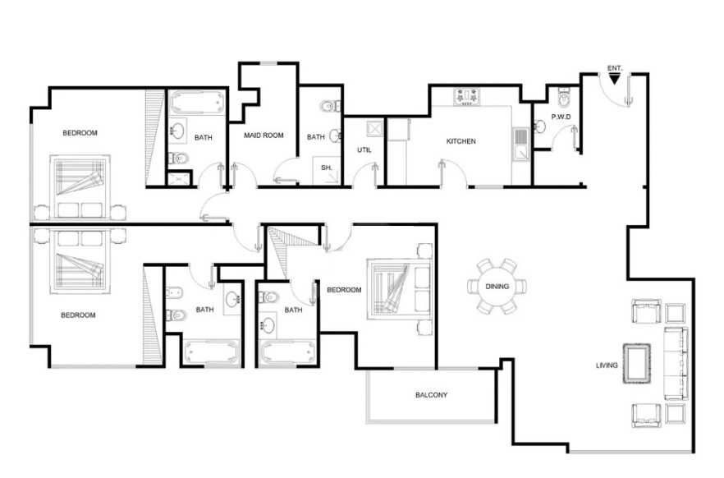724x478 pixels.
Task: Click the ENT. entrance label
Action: (615, 68)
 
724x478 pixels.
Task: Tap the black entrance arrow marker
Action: (615, 79)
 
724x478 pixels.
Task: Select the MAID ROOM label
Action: (263, 136)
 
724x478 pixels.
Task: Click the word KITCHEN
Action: (461, 141)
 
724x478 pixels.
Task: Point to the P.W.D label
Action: (561, 117)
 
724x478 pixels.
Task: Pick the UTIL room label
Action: (364, 149)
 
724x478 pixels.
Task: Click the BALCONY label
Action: (431, 395)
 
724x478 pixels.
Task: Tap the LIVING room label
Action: (607, 365)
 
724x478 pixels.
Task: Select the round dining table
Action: (497, 287)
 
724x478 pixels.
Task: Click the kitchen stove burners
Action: (468, 97)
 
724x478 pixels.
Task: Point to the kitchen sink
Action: (520, 145)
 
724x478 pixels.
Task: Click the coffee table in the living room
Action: (637, 363)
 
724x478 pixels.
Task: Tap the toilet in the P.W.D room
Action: (564, 97)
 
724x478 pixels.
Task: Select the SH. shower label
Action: (327, 168)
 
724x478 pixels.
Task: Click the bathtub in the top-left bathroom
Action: (197, 102)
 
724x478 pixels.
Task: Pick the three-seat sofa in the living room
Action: (676, 363)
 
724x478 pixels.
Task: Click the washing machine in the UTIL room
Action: (375, 128)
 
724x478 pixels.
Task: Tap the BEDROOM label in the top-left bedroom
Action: (80, 133)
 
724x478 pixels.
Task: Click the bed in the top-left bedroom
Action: (80, 186)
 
